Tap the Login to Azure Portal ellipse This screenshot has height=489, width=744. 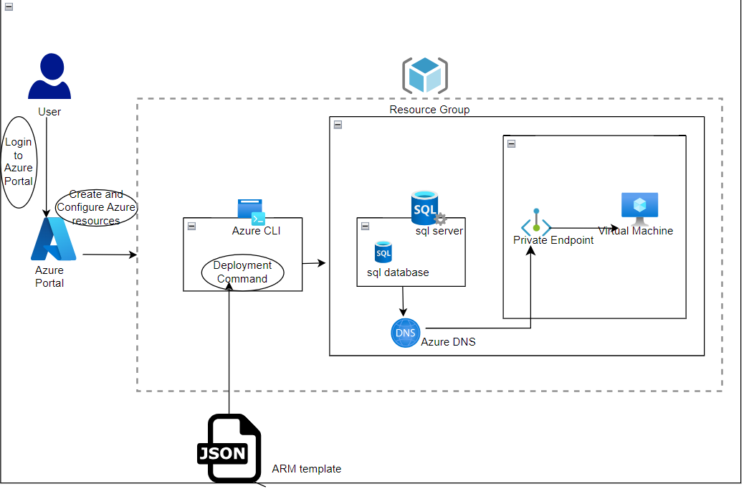(x=19, y=161)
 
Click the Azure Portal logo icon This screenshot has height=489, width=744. (x=53, y=239)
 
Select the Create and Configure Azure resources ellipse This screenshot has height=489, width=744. (x=96, y=207)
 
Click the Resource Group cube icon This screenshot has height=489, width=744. (x=425, y=75)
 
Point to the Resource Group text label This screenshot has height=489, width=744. (x=429, y=110)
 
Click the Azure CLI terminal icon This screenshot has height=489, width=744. (x=251, y=212)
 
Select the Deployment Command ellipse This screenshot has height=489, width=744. (x=242, y=272)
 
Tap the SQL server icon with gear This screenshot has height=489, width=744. (x=428, y=209)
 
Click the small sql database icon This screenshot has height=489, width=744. (x=383, y=252)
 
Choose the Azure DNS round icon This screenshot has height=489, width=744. (x=406, y=333)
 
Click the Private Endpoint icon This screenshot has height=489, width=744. (x=536, y=223)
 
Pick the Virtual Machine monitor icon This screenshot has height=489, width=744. (x=639, y=206)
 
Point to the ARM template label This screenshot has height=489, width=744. (x=306, y=469)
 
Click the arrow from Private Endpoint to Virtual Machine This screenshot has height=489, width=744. (x=584, y=229)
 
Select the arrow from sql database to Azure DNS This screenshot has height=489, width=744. (x=403, y=301)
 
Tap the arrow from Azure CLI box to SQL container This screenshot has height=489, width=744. (x=314, y=264)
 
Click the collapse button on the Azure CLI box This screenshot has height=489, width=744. (x=191, y=226)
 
